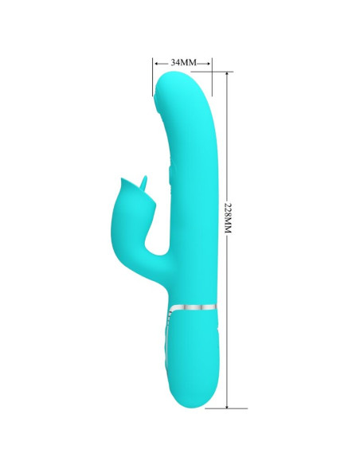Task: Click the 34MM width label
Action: tap(182, 61)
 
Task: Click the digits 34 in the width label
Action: tap(177, 61)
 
